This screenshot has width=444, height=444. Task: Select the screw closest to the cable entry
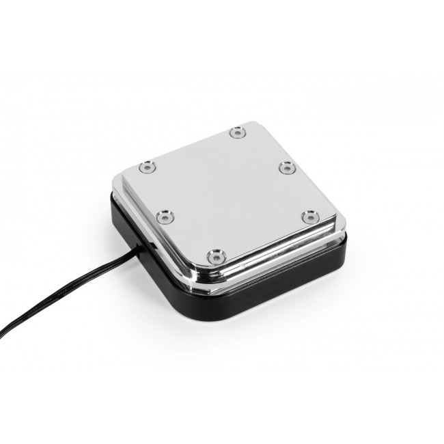(x=164, y=217)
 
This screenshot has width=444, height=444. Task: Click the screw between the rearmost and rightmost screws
(x=286, y=166)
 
